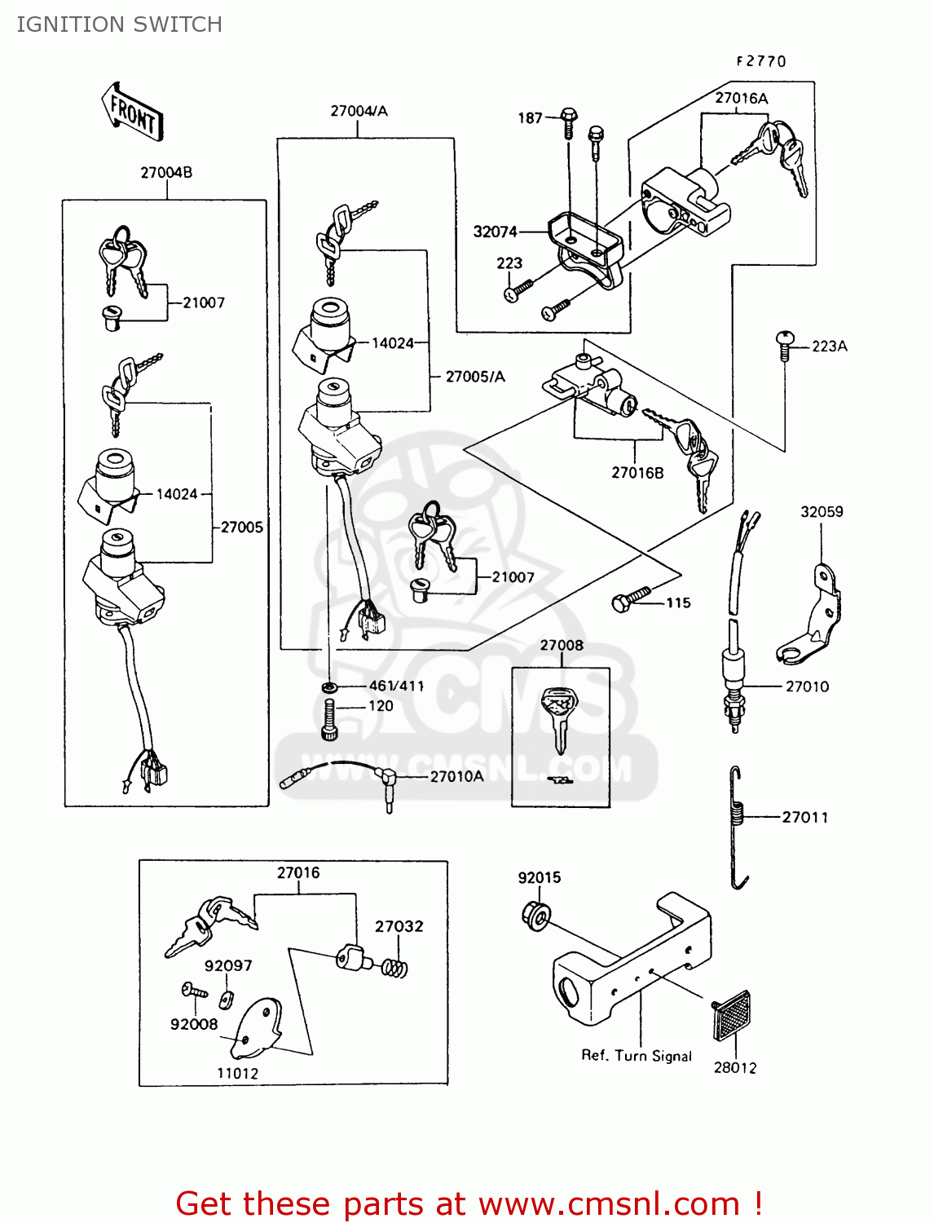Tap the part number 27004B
coord(166,173)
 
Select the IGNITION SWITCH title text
coord(119,24)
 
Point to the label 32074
coord(495,232)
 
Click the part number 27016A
coord(741,99)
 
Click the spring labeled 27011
coord(738,828)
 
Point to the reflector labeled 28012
coord(732,1016)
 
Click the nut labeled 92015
coord(535,916)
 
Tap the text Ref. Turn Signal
coord(637,1056)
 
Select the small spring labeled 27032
coord(395,968)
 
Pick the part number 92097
coord(228,966)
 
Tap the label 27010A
coord(456,777)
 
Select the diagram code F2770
coord(761,61)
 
